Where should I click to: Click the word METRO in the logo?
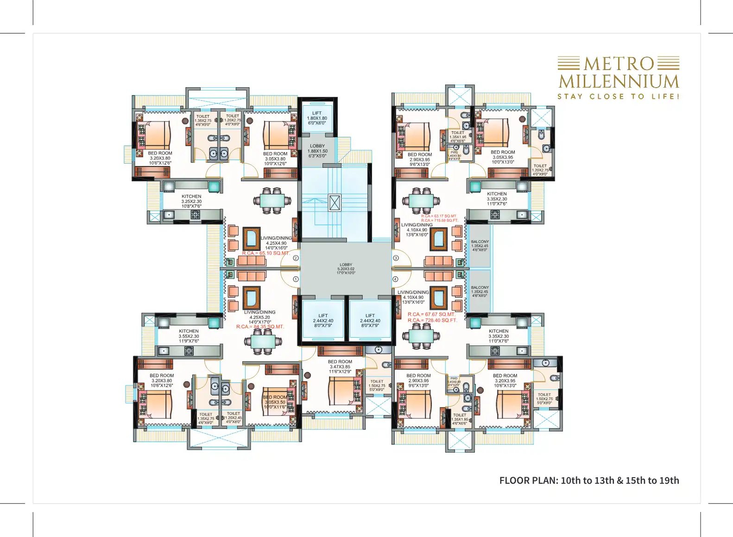pyautogui.click(x=619, y=64)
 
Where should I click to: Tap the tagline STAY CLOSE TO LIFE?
pyautogui.click(x=618, y=96)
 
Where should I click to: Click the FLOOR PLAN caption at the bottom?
pyautogui.click(x=589, y=480)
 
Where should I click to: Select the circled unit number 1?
pyautogui.click(x=296, y=279)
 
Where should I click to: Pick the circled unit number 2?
pyautogui.click(x=296, y=258)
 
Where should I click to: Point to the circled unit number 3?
pyautogui.click(x=396, y=258)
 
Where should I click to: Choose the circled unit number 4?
pyautogui.click(x=396, y=279)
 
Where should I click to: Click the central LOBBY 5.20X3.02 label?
pyautogui.click(x=346, y=268)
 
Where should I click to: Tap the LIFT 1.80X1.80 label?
pyautogui.click(x=317, y=118)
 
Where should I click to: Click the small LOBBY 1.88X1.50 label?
pyautogui.click(x=317, y=151)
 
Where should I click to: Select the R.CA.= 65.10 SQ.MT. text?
pyautogui.click(x=265, y=253)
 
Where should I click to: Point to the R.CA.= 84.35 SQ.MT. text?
pyautogui.click(x=260, y=326)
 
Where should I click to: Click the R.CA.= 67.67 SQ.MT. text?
pyautogui.click(x=431, y=314)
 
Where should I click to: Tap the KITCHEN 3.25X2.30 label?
pyautogui.click(x=191, y=201)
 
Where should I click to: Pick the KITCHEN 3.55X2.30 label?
pyautogui.click(x=189, y=336)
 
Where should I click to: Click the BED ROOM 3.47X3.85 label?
pyautogui.click(x=340, y=366)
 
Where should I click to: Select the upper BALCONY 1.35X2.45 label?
pyautogui.click(x=480, y=245)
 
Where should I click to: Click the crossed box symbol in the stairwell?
pyautogui.click(x=335, y=203)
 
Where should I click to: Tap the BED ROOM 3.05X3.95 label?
pyautogui.click(x=503, y=157)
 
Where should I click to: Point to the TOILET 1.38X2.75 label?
pyautogui.click(x=203, y=120)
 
